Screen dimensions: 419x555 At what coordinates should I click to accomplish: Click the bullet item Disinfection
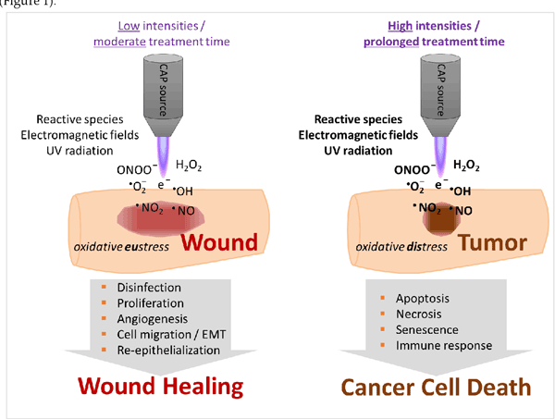click(x=149, y=287)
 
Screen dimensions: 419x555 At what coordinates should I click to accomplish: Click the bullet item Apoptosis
click(x=423, y=299)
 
